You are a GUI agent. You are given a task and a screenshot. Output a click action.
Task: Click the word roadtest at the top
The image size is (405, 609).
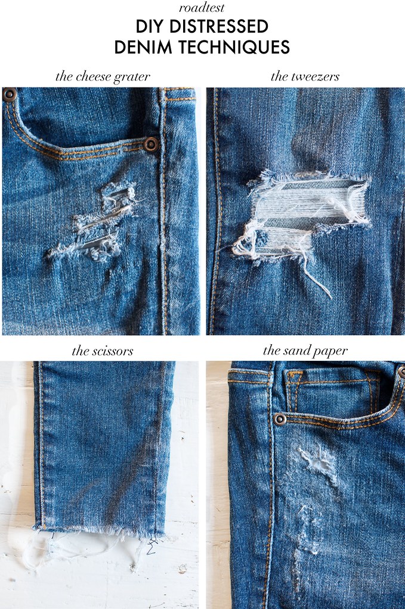click(202, 8)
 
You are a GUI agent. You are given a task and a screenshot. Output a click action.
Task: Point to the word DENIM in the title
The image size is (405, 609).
click(143, 47)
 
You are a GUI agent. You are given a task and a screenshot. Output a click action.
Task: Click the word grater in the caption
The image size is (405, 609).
click(132, 77)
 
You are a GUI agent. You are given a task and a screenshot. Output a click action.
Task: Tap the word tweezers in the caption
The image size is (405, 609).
click(316, 77)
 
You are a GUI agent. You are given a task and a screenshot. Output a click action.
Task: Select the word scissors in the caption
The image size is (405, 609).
click(113, 351)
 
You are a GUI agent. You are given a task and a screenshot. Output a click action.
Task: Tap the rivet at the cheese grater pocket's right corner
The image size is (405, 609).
click(151, 145)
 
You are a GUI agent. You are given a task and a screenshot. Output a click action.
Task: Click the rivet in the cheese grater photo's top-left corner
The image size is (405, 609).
click(10, 95)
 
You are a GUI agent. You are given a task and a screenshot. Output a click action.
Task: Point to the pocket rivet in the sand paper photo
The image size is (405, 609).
click(280, 420)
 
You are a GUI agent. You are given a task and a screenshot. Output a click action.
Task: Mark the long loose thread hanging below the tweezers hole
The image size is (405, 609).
click(317, 277)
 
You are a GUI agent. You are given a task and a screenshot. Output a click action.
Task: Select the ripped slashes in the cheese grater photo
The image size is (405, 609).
click(95, 221)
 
